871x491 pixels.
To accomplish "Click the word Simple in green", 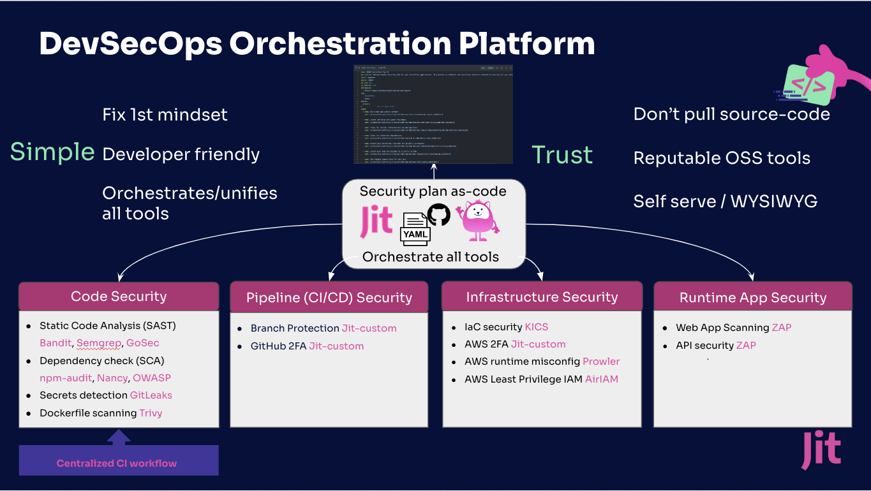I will click(x=52, y=152).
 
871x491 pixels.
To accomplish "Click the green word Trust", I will click(x=562, y=155).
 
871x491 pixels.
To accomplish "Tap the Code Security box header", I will click(x=119, y=296).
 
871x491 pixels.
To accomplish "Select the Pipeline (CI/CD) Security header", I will click(x=329, y=298).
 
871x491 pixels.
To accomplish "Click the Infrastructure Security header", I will click(x=541, y=297).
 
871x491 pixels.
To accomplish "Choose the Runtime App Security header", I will click(x=752, y=298).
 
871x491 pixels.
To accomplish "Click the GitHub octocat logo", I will click(x=438, y=215).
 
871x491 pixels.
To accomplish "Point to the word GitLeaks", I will click(x=151, y=395).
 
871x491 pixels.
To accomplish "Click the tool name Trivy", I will click(x=151, y=413).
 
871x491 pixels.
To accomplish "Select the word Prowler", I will click(x=601, y=362).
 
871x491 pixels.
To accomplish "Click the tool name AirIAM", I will click(x=602, y=379).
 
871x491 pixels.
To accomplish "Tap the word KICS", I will click(x=537, y=327).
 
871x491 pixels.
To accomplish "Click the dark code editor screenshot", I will click(x=433, y=115).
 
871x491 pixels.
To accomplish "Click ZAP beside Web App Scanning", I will click(x=781, y=328).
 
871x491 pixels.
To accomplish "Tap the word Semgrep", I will click(x=99, y=343).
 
